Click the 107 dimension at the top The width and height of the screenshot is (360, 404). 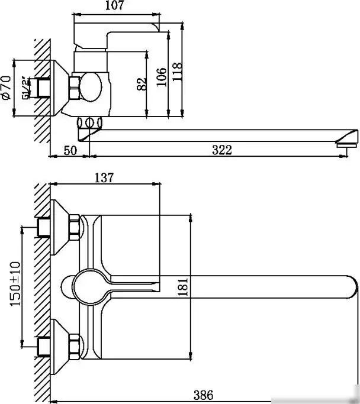point(117,7)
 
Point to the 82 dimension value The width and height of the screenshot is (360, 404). point(141,83)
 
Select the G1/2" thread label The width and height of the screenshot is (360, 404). point(26,89)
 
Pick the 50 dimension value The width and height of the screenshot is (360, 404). point(70,150)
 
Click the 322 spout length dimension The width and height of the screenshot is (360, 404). point(221,150)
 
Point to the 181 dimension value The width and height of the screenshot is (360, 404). point(183,287)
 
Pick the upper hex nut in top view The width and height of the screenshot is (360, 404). point(74,228)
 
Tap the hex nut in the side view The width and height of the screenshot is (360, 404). point(75,88)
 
